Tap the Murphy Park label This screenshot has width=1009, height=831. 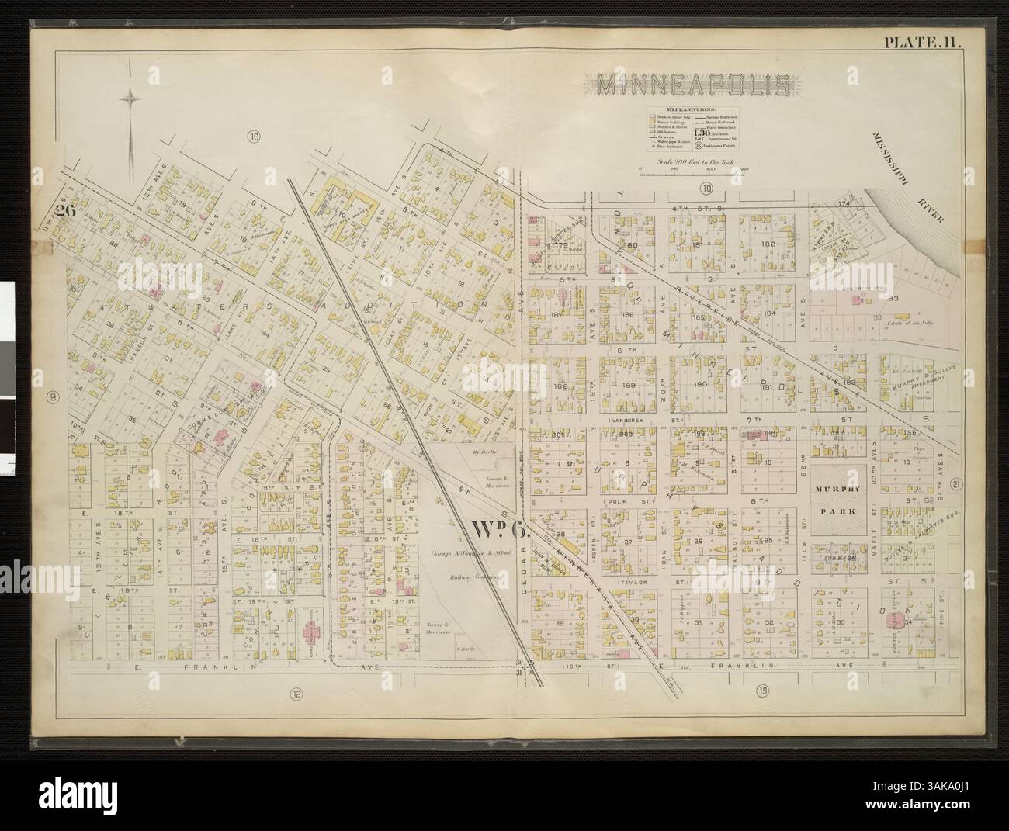click(x=834, y=497)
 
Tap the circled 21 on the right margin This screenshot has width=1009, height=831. click(x=957, y=484)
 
